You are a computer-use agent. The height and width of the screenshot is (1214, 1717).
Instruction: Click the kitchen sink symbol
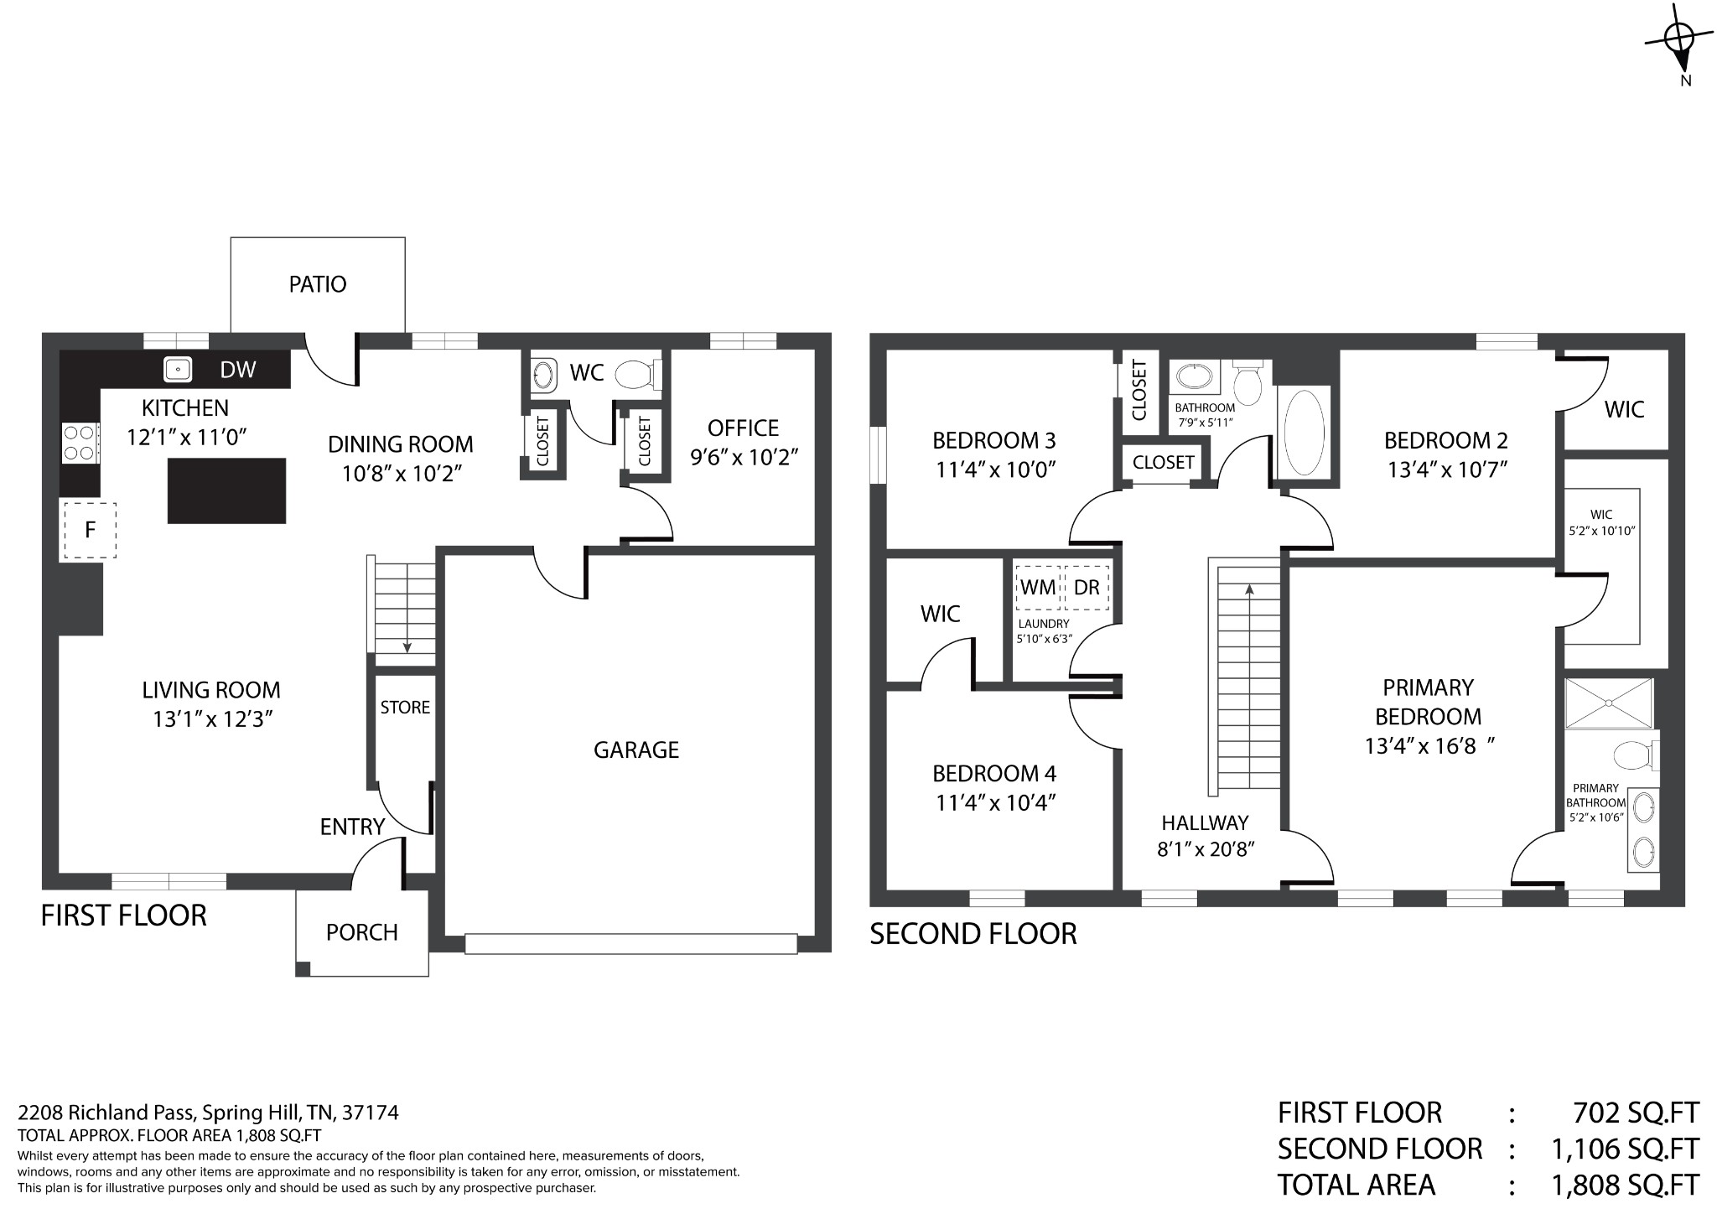point(178,369)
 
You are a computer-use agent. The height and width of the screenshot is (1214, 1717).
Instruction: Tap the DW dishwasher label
point(238,370)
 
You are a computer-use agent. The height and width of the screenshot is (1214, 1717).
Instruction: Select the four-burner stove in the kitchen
point(80,443)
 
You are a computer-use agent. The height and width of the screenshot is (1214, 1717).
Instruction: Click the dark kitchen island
point(226,490)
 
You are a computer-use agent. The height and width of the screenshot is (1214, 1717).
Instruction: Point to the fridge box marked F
point(88,530)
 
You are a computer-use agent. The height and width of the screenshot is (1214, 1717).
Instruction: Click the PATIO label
point(318,284)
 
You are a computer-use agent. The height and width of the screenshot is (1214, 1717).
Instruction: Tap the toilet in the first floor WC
point(639,375)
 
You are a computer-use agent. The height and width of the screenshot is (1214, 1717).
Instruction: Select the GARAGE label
point(636,750)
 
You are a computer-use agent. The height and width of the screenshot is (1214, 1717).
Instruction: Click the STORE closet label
point(405,708)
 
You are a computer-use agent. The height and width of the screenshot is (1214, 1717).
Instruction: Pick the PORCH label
point(362,932)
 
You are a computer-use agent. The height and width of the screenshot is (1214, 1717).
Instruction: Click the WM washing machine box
point(1038,588)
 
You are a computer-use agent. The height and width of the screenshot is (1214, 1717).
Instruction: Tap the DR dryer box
point(1087,588)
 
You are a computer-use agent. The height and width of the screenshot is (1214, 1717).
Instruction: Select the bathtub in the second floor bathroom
point(1304,433)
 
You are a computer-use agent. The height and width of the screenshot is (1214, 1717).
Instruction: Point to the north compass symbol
point(1680,46)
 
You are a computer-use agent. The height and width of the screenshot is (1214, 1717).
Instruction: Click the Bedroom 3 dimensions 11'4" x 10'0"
point(995,469)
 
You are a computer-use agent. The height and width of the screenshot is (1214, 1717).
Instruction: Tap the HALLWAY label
point(1205,822)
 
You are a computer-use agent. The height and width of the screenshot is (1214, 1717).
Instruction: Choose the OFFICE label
point(744,428)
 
